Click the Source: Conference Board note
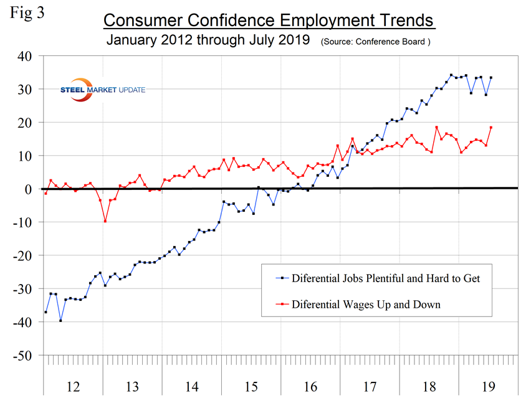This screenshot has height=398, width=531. click(375, 43)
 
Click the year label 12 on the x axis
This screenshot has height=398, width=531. click(72, 387)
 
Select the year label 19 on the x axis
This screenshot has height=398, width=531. click(488, 387)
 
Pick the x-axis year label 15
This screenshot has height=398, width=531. click(251, 387)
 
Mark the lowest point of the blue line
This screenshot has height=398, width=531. click(60, 320)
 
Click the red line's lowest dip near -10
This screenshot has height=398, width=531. click(105, 221)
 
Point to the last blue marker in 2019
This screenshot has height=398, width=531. click(490, 78)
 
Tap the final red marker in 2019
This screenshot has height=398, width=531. click(490, 128)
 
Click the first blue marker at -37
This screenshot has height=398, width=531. click(45, 311)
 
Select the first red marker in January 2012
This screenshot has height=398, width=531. click(45, 193)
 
